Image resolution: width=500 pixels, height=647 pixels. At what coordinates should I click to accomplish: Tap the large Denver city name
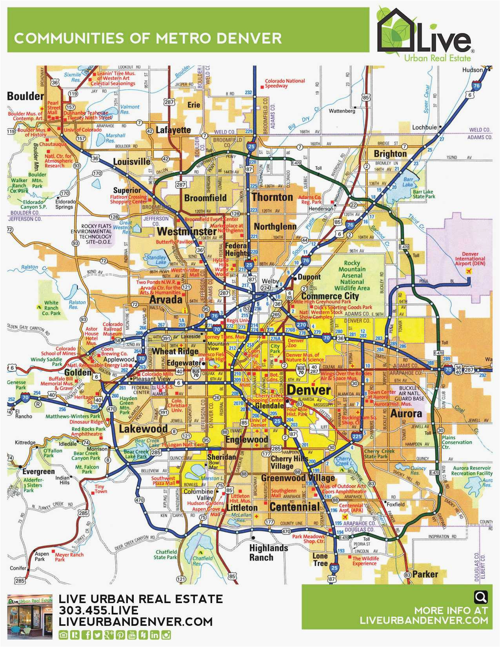pos(309,390)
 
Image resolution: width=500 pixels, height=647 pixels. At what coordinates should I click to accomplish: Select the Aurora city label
pos(406,413)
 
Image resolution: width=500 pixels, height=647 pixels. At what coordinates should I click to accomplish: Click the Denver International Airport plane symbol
pos(467,271)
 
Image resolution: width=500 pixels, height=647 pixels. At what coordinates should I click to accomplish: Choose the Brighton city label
pos(390,153)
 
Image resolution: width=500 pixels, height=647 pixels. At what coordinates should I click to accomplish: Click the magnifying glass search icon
pos(480,597)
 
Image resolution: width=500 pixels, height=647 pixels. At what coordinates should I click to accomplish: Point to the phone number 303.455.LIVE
pos(98,611)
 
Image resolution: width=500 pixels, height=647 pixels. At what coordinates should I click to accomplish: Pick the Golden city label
pos(78,372)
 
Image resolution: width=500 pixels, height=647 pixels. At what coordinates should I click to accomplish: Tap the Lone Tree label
pos(320,560)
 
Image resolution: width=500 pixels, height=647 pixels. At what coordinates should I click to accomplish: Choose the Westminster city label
pos(187,231)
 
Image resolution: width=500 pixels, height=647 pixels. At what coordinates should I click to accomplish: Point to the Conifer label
pos(18,568)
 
